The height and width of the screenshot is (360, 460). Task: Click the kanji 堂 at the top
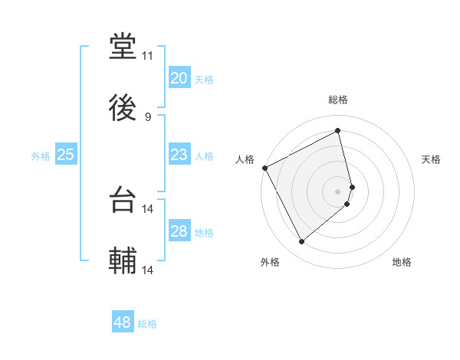123,46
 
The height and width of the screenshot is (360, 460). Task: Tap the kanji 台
123,201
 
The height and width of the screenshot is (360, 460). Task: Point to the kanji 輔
123,261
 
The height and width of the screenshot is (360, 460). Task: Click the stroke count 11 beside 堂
148,56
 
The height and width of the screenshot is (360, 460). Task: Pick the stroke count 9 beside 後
148,116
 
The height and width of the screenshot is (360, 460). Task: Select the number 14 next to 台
148,208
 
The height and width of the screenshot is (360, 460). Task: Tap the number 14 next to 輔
148,270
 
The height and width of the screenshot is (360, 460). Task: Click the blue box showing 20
179,78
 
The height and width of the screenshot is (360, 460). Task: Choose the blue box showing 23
179,155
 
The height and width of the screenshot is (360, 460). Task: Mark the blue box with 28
179,231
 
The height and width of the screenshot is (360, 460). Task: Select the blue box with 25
66,155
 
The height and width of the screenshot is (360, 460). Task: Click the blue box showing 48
123,322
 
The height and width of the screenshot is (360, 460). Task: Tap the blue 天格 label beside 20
204,80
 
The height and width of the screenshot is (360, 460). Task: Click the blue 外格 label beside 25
41,156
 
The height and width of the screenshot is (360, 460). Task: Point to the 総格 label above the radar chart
338,100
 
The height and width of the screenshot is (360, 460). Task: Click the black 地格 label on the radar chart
402,262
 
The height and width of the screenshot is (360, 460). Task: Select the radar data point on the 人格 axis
264,168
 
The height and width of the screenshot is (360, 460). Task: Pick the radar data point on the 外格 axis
301,242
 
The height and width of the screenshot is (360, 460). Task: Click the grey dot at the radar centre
338,191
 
